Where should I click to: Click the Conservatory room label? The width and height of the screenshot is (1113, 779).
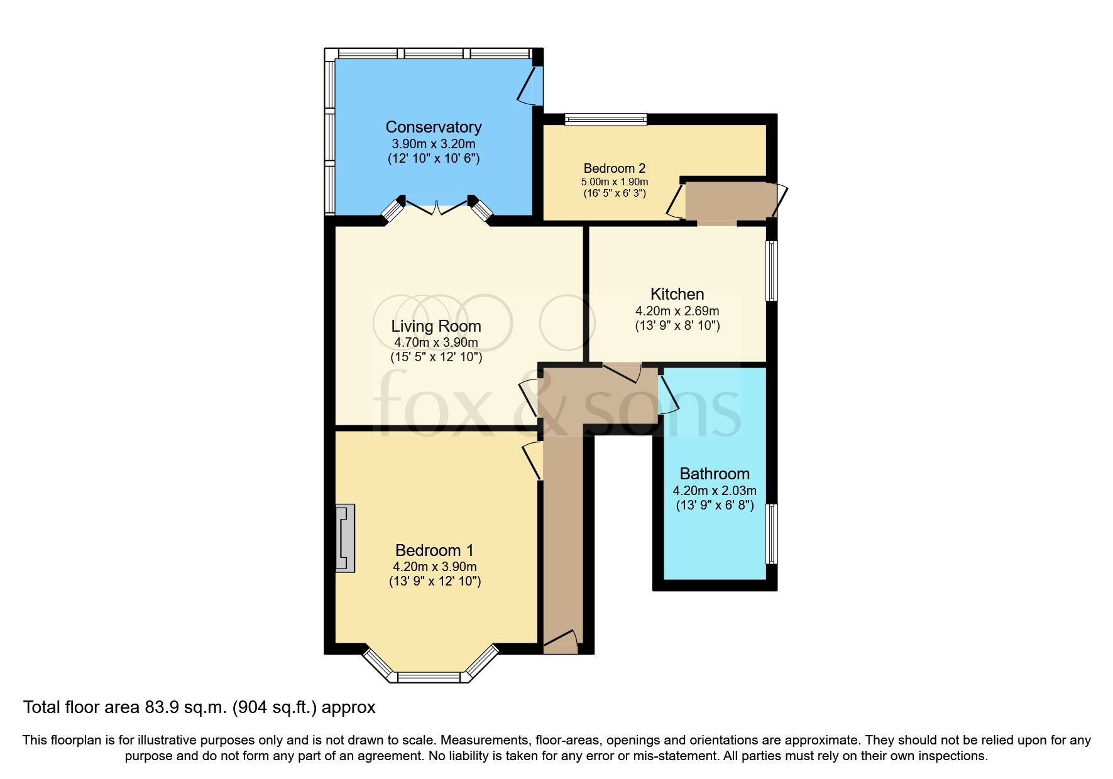433,127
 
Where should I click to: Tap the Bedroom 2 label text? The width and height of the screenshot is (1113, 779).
614,168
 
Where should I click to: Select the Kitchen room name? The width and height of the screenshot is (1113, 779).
677,294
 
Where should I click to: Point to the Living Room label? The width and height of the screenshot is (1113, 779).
436,326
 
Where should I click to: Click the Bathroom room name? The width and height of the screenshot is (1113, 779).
715,474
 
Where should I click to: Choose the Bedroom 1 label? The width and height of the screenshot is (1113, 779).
434,550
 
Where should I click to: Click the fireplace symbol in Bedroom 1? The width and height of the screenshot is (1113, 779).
344,538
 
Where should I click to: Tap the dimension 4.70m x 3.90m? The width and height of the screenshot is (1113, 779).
436,343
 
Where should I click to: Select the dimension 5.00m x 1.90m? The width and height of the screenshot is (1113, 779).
614,182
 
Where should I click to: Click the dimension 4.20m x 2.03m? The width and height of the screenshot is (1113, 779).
715,491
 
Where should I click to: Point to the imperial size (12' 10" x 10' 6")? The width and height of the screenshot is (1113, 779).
433,158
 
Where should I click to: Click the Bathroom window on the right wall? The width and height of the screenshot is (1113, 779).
770,533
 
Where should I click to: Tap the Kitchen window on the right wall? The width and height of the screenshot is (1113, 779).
770,271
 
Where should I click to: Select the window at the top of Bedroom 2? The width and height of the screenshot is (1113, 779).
605,119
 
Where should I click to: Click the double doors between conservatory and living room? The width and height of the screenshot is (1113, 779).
436,207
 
